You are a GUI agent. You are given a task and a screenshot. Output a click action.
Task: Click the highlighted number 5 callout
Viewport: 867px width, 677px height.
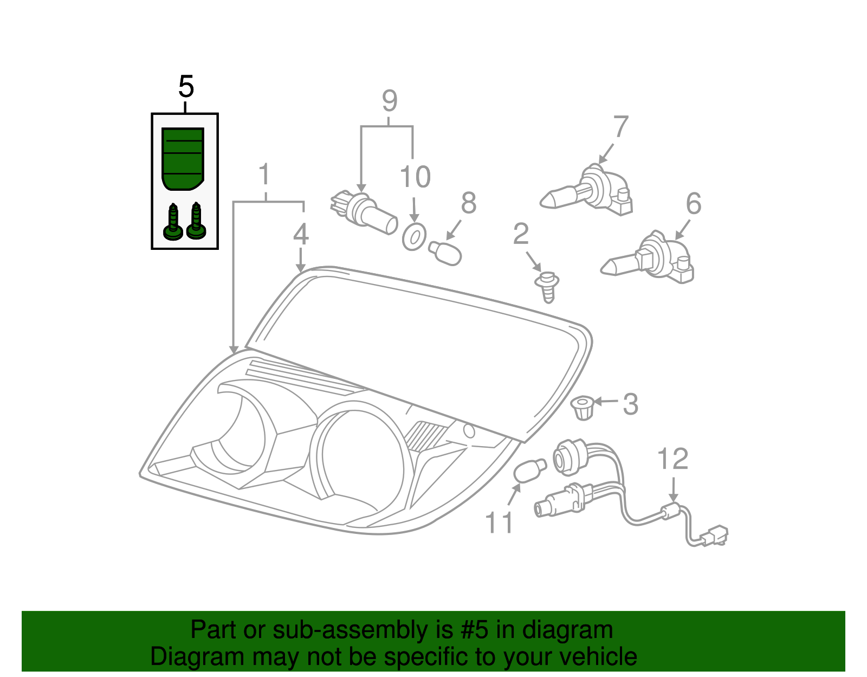pos(186,87)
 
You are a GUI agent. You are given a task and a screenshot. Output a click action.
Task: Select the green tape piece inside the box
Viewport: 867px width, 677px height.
pos(183,158)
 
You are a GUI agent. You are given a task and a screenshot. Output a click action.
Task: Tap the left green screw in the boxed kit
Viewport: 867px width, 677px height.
pos(173,222)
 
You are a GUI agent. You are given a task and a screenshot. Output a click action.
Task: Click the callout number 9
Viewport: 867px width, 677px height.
pos(390,101)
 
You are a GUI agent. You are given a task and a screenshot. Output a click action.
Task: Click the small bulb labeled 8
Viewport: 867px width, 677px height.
pos(445,253)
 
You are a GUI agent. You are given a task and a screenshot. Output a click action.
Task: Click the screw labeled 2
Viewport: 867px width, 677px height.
pos(548,287)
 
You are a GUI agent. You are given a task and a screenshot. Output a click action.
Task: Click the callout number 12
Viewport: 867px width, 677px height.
pos(672,459)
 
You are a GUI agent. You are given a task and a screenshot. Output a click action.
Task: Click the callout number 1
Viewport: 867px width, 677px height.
pos(264,175)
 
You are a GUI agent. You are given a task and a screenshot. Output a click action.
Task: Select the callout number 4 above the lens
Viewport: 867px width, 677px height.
pos(301,234)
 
